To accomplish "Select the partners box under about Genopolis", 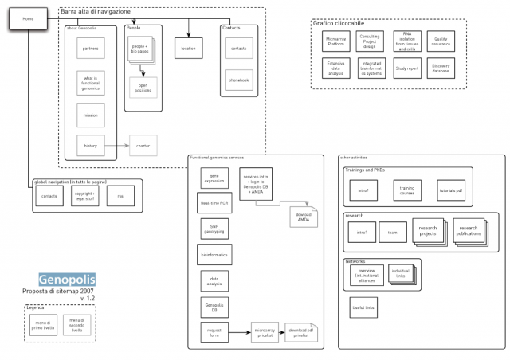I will [x=90, y=49].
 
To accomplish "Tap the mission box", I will [x=90, y=115].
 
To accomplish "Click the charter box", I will [x=143, y=146].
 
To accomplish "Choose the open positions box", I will [x=143, y=88].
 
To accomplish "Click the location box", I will [x=188, y=49].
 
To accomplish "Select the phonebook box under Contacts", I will [x=238, y=80].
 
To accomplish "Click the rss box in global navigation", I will [x=120, y=196].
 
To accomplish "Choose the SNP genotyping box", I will [x=214, y=229].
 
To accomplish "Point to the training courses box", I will [x=406, y=190].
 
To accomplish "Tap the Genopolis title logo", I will [x=67, y=280].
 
